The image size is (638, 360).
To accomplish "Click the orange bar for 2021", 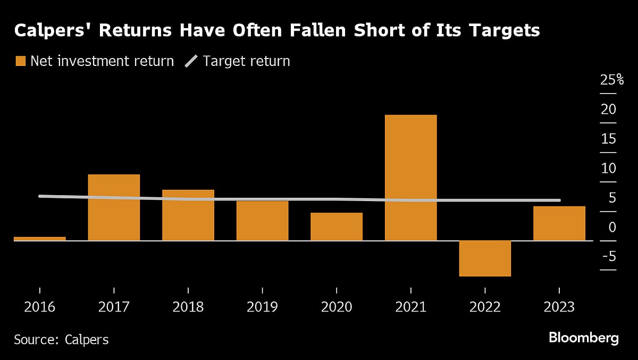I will tap(410, 178).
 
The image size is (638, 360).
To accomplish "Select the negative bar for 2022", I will tap(485, 258).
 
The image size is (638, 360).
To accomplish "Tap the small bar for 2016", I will tap(40, 238).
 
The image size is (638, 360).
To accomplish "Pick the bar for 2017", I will tap(114, 207).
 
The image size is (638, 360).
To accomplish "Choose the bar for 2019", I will tap(262, 221).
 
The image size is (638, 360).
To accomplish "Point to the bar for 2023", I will tap(559, 223).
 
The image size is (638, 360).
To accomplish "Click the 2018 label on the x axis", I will tap(188, 308).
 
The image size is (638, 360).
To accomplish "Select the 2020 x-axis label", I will tap(337, 308).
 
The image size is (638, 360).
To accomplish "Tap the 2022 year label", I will tap(485, 308).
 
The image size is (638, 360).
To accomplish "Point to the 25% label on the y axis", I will tap(611, 81).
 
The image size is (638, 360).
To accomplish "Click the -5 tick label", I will tap(609, 257).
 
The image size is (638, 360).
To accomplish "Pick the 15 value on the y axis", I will tap(608, 139).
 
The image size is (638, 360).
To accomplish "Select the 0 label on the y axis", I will tap(612, 227).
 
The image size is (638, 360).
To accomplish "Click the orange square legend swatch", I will tap(20, 62).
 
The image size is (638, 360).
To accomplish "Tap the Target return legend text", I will tap(247, 61).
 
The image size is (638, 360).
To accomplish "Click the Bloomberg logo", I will tap(584, 338).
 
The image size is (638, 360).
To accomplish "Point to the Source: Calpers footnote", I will tap(61, 339).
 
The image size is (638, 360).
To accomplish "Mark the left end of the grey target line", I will tap(40, 196).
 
